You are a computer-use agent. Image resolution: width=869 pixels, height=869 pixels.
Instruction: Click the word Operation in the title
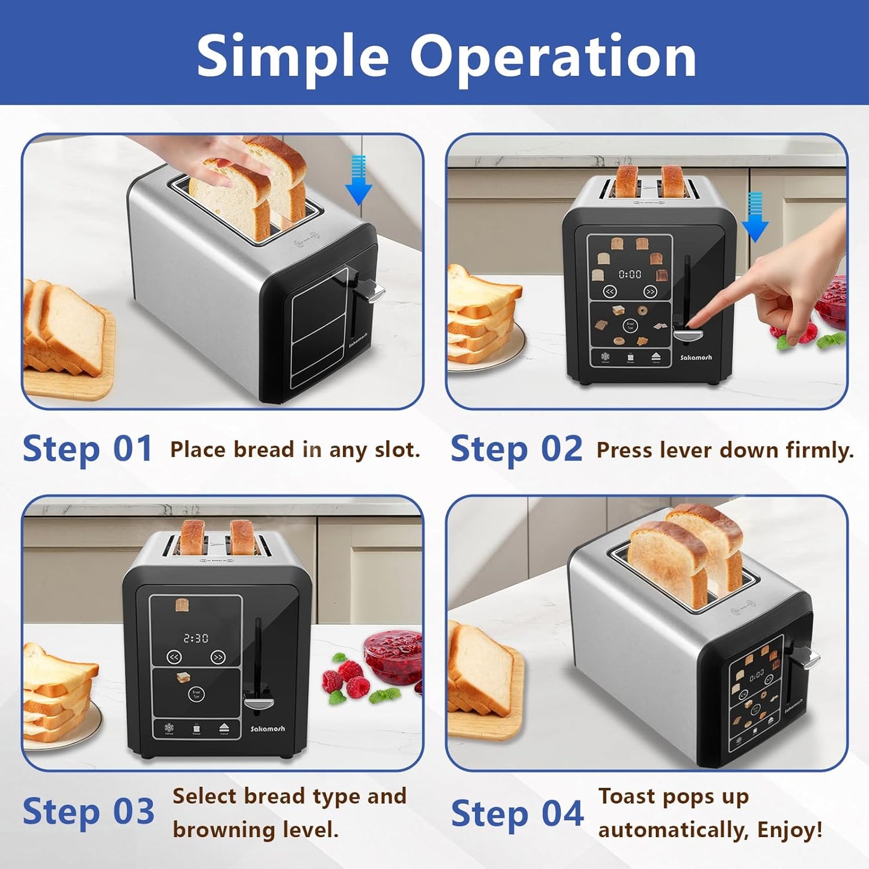pos(553,56)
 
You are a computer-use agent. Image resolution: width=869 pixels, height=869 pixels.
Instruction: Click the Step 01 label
pos(88,449)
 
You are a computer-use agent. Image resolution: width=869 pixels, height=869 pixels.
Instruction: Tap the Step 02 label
pos(516,449)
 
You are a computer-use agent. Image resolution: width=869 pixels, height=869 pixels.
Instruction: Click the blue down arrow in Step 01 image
pos(358,180)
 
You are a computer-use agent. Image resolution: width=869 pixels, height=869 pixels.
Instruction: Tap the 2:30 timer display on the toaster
pos(195,638)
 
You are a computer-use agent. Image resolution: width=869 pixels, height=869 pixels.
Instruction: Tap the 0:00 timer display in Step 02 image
pos(630,274)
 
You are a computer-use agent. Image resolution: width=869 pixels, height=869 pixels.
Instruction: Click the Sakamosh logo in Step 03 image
pos(268,728)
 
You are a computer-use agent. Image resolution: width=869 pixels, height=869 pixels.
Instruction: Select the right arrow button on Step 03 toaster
pos(218,657)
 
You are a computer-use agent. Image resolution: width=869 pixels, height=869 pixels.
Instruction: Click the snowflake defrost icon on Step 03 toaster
pos(170,728)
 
